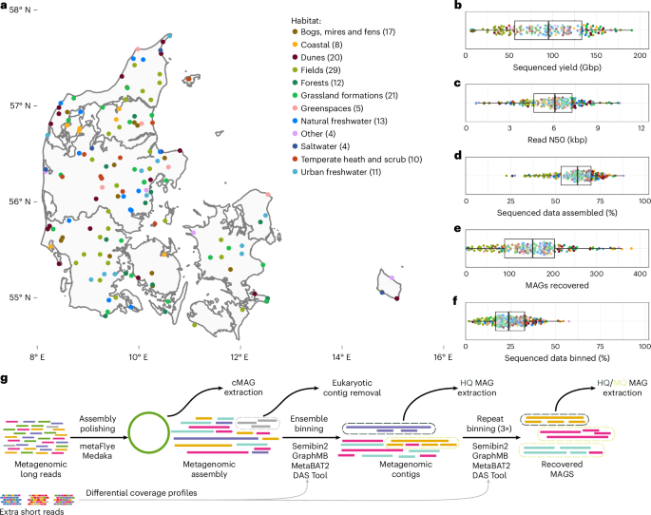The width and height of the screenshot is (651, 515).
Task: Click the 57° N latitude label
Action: pyautogui.click(x=17, y=105)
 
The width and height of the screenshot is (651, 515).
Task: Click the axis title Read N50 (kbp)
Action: pyautogui.click(x=555, y=142)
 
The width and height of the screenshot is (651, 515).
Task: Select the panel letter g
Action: pyautogui.click(x=7, y=379)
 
